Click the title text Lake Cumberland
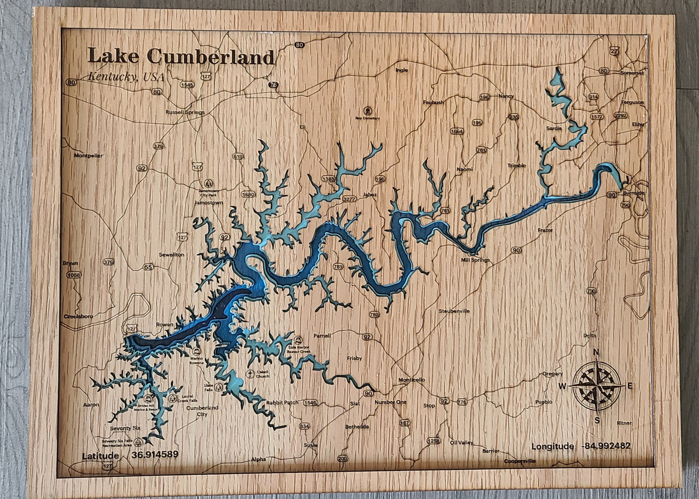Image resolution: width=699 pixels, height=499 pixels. tap(181, 57)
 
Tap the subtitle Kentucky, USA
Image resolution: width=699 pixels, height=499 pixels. tap(126, 77)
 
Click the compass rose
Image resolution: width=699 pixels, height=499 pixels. tap(597, 385)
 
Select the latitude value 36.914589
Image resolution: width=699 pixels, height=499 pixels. tap(155, 455)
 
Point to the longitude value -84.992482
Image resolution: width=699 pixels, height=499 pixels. tap(606, 446)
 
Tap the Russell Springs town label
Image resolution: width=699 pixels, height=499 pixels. tap(185, 112)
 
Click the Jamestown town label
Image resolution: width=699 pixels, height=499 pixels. tap(208, 203)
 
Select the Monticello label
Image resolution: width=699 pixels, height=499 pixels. tap(411, 380)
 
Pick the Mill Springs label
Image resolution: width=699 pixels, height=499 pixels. tap(475, 260)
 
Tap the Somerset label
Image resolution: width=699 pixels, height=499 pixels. tap(632, 73)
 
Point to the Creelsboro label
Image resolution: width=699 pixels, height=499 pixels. tap(78, 316)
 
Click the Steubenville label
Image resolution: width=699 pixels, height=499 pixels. tap(454, 311)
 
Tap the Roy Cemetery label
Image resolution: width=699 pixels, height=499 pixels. tap(367, 118)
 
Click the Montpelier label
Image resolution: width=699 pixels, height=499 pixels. tap(88, 156)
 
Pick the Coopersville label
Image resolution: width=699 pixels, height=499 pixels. tap(520, 461)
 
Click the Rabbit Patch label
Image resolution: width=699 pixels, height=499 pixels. tap(282, 402)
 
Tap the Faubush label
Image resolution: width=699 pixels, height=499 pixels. tap(433, 102)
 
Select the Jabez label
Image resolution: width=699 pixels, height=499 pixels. tap(369, 195)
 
